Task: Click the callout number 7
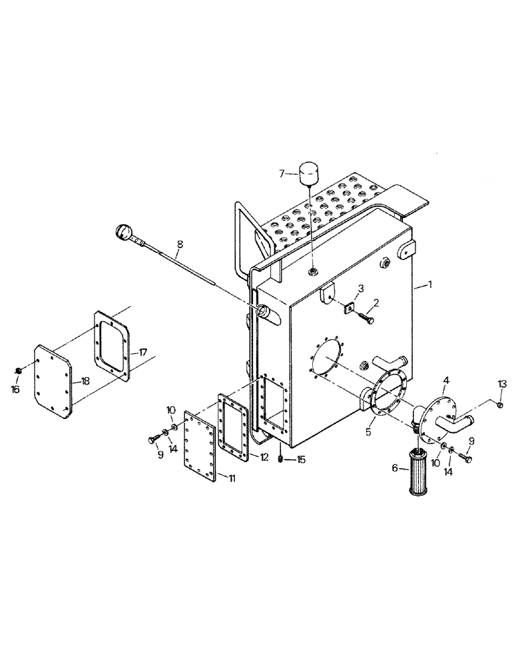(x=282, y=174)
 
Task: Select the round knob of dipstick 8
(x=125, y=231)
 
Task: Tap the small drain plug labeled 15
(x=282, y=459)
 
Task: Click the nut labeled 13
(x=501, y=404)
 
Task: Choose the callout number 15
(x=300, y=459)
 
